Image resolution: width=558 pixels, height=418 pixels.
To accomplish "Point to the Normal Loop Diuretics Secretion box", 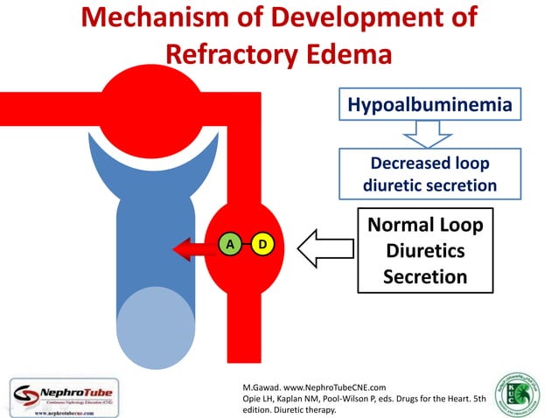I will pyautogui.click(x=425, y=253).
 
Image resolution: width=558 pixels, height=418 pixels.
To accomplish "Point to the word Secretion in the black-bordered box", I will pyautogui.click(x=425, y=278).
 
